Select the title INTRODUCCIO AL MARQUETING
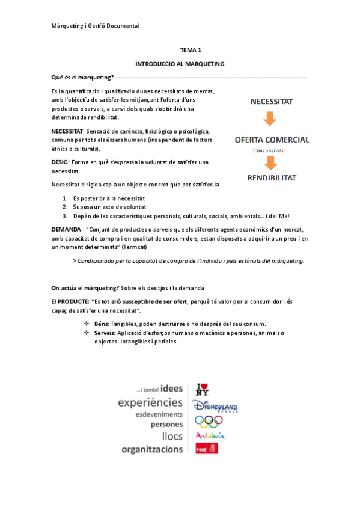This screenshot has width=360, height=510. [x=180, y=63]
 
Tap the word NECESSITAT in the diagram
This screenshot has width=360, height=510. [x=272, y=102]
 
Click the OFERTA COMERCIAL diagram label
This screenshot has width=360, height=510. [x=272, y=140]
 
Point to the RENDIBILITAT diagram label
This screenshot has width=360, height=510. [x=272, y=178]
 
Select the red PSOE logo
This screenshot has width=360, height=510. [x=206, y=448]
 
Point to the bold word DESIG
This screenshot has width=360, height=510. [x=61, y=162]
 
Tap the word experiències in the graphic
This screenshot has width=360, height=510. [x=150, y=402]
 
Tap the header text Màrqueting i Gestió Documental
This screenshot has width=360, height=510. [x=96, y=26]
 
